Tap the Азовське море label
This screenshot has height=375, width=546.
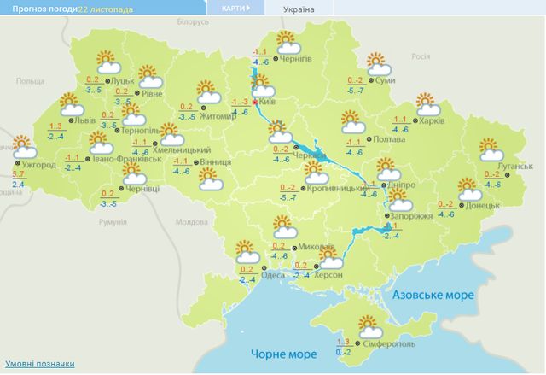[x=433, y=295]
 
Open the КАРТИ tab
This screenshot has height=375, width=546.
[x=235, y=9]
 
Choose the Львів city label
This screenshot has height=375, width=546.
[x=85, y=120]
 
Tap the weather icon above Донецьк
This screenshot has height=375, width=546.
[x=468, y=188]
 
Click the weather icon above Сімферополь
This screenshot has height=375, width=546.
[x=370, y=325]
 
